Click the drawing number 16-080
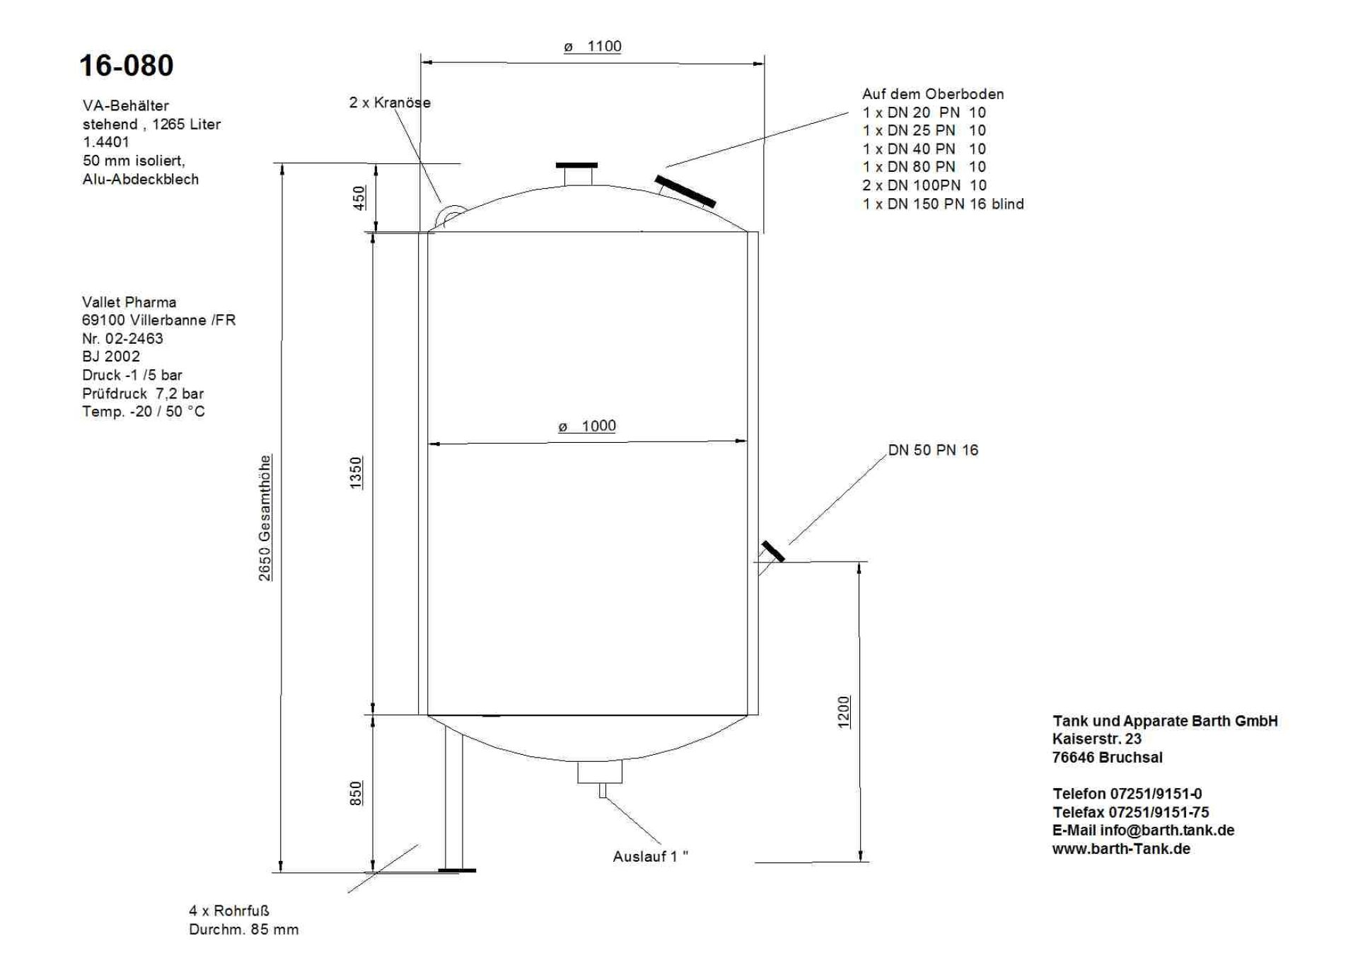click(126, 66)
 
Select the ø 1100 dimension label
click(592, 47)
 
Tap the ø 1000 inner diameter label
click(586, 426)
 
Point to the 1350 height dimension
click(356, 473)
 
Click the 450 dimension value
click(359, 197)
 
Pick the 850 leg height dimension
click(356, 793)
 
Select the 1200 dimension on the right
click(844, 712)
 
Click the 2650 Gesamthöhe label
click(265, 518)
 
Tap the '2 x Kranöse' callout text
click(390, 103)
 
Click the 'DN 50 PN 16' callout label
click(933, 450)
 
